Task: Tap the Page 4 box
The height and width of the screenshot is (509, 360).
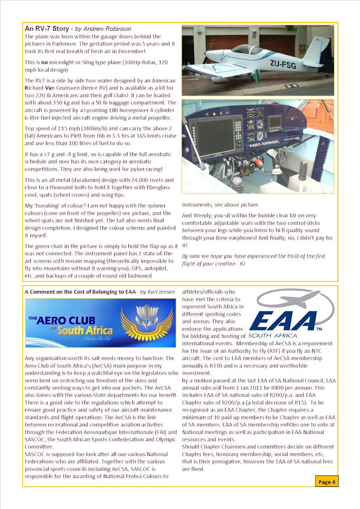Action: [327, 482]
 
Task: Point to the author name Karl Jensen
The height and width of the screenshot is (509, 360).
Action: [162, 292]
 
